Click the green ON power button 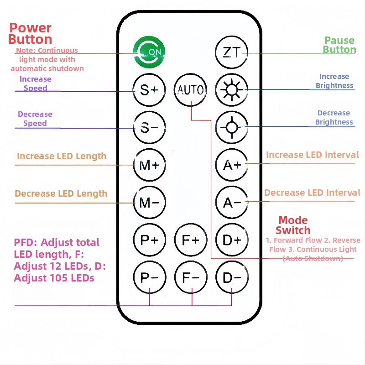click(149, 52)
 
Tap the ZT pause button click(231, 52)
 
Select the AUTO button click(190, 89)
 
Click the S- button click(149, 128)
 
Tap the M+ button click(149, 165)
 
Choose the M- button click(149, 202)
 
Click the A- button click(231, 202)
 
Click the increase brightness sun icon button click(231, 89)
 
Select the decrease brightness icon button click(231, 128)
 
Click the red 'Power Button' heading click(30, 34)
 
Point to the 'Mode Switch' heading click(293, 225)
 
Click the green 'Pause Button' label click(339, 45)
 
